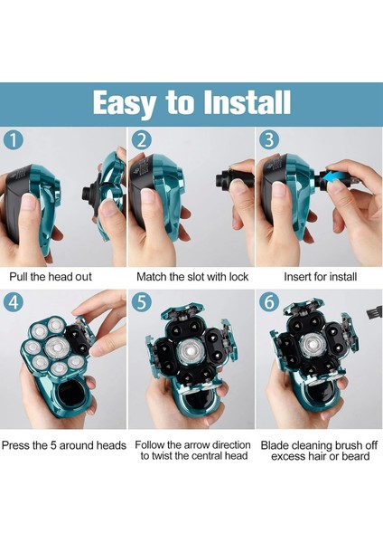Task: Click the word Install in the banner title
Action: click(x=247, y=102)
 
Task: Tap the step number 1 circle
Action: click(x=14, y=140)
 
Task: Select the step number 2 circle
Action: click(x=142, y=140)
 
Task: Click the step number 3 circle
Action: click(x=269, y=140)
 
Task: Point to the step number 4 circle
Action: click(x=14, y=302)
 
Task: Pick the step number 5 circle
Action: click(x=142, y=302)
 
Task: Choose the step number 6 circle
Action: click(x=269, y=302)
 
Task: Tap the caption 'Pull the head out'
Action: click(x=51, y=277)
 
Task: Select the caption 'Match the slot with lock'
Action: click(x=192, y=277)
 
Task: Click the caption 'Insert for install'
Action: click(x=321, y=277)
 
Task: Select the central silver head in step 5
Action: click(x=191, y=351)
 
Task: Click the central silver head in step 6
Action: click(x=313, y=346)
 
